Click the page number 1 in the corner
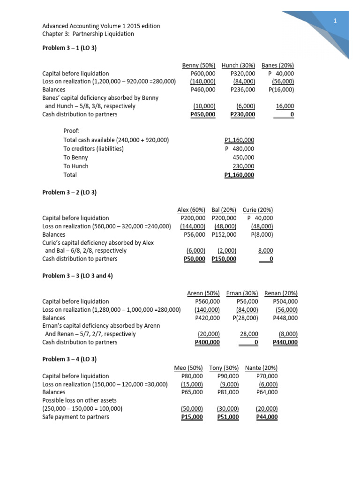click(x=336, y=21)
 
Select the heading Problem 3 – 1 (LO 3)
click(x=69, y=48)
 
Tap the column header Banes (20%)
click(x=277, y=65)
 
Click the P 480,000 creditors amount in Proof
click(x=240, y=149)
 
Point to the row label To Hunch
click(x=75, y=166)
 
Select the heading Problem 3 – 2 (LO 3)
click(x=69, y=192)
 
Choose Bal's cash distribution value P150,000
click(x=224, y=259)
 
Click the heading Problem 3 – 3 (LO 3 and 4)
click(x=77, y=276)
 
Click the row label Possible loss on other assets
click(x=79, y=400)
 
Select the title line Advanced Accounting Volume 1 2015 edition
click(x=101, y=25)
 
